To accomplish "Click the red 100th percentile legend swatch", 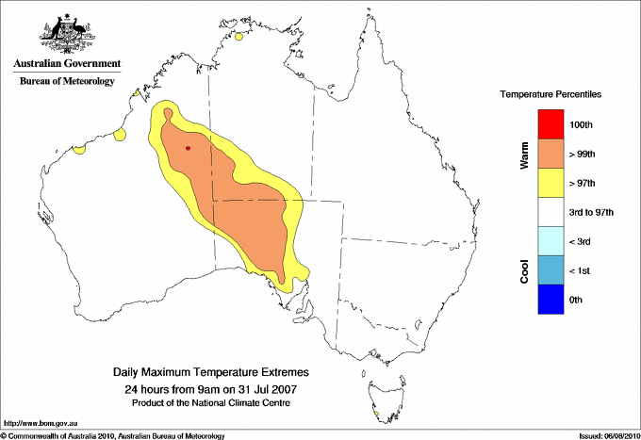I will tap(551, 123).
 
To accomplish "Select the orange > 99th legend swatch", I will tap(551, 153).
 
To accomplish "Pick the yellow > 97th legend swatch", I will tap(551, 182).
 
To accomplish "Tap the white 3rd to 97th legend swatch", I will tap(551, 212).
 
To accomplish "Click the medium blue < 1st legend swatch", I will tap(551, 270).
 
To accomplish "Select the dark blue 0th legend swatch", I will tap(551, 300).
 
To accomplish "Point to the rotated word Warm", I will tap(524, 154).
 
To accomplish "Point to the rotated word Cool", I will tap(524, 270).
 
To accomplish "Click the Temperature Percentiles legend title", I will tap(550, 95).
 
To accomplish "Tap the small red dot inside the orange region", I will tap(189, 148).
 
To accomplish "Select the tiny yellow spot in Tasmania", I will tap(376, 414).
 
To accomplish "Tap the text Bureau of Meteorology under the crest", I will tap(67, 81).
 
